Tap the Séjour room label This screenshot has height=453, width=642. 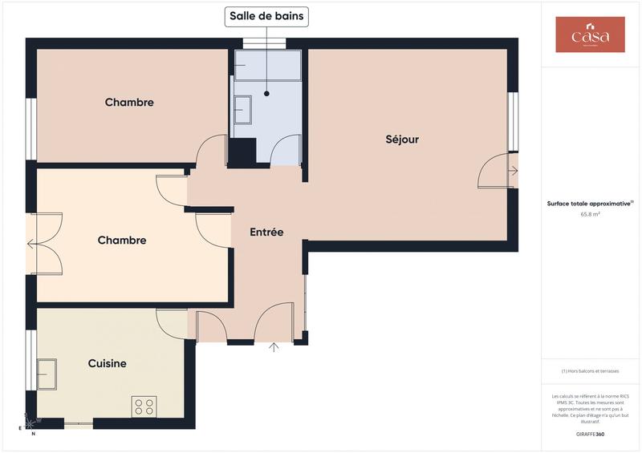(x=402, y=140)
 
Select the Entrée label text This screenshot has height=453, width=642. (x=266, y=233)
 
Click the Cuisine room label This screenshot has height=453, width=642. (x=107, y=363)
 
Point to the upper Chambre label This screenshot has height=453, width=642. (x=129, y=103)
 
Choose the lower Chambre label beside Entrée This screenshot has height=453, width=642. (x=122, y=241)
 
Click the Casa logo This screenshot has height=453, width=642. (x=590, y=35)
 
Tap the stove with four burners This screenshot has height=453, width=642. (x=144, y=406)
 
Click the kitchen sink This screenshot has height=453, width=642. (x=47, y=374)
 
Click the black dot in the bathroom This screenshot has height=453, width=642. (x=266, y=93)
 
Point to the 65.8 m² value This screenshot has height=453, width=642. (x=591, y=214)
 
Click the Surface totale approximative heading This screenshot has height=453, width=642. (x=591, y=204)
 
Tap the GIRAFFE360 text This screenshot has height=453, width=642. (x=590, y=434)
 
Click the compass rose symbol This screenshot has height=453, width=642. (x=30, y=420)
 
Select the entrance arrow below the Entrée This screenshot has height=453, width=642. (x=274, y=347)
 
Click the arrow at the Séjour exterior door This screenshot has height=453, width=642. (x=514, y=171)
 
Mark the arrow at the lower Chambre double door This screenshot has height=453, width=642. (x=30, y=243)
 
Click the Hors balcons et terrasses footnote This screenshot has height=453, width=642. (x=590, y=371)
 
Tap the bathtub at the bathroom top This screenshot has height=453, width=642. (x=267, y=65)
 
